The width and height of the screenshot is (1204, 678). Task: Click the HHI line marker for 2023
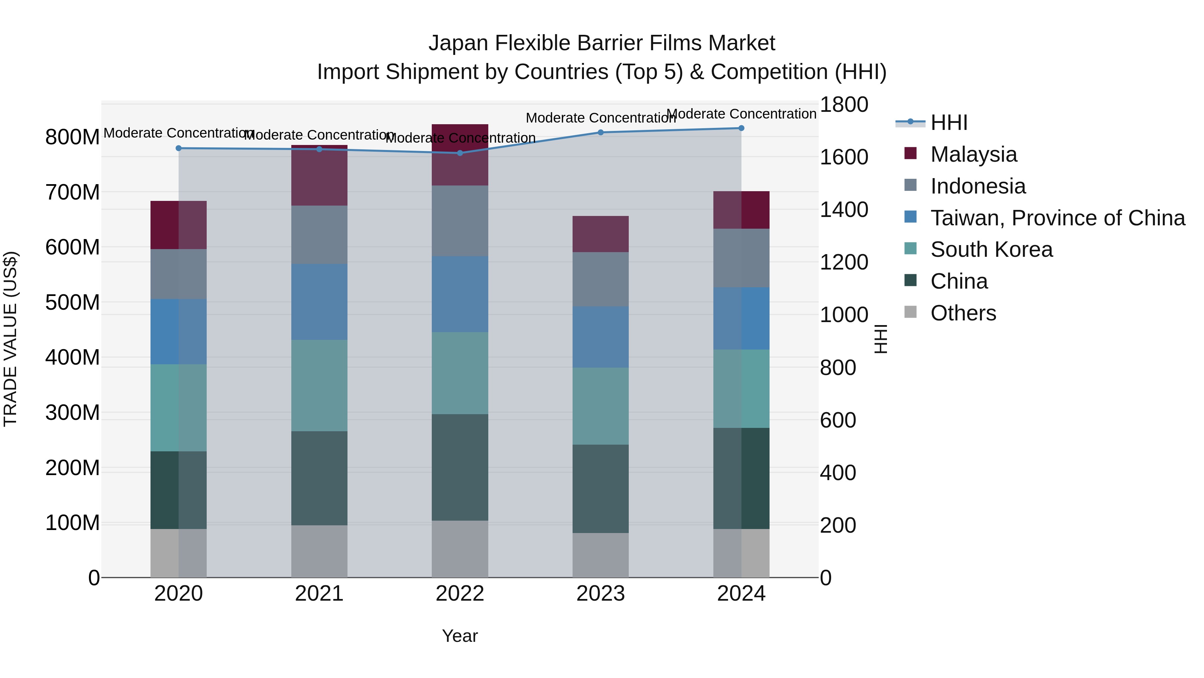pos(601,132)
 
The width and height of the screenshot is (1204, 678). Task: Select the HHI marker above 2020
pos(179,148)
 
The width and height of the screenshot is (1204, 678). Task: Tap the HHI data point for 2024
pos(741,128)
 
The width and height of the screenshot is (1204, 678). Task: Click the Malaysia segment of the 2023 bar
pos(601,234)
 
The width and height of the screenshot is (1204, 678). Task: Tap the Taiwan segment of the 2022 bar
pos(460,294)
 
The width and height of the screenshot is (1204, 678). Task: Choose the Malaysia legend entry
pos(973,154)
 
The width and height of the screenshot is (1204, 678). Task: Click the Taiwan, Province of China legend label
pos(1057,218)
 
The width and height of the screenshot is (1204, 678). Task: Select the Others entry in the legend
pos(963,313)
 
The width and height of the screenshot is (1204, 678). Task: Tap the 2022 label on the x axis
pos(460,594)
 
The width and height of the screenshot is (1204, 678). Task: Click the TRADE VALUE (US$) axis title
pos(11,339)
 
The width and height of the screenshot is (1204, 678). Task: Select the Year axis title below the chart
pos(460,636)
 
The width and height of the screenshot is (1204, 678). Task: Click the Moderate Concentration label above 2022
pos(460,138)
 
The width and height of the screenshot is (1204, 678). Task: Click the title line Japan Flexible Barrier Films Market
pos(602,43)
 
